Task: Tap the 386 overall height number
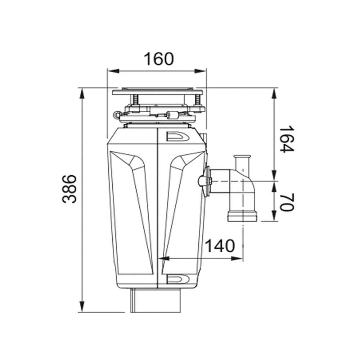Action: [69, 189]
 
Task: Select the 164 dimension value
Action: [287, 139]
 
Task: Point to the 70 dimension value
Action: [287, 202]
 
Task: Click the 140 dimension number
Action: [220, 246]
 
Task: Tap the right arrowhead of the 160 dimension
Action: [200, 71]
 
